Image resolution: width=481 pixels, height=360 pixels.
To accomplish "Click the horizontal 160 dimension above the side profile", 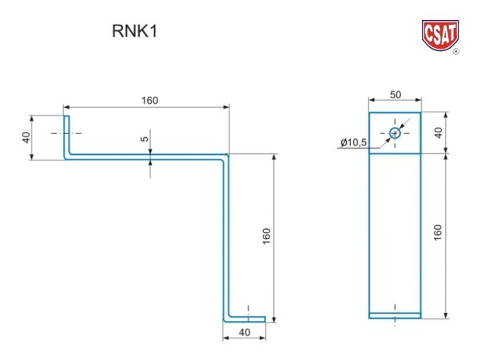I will (149, 100).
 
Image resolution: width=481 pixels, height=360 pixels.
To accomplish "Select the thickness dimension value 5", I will (145, 139).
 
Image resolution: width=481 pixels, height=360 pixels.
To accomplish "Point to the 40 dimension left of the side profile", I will (26, 138).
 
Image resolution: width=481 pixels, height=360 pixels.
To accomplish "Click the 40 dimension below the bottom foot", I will (244, 332).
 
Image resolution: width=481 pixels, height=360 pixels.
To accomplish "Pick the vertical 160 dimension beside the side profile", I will (266, 236).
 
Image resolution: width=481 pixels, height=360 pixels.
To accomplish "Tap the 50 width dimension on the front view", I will (395, 94).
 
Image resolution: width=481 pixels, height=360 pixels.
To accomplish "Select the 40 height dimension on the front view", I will (438, 133).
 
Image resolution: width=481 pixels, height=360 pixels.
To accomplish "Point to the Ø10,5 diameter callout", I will (353, 142).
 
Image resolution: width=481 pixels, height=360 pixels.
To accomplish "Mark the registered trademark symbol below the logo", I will (455, 52).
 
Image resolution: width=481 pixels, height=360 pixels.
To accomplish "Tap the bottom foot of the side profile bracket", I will (240, 318).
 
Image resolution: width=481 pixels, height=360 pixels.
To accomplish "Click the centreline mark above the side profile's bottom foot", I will (248, 308).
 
